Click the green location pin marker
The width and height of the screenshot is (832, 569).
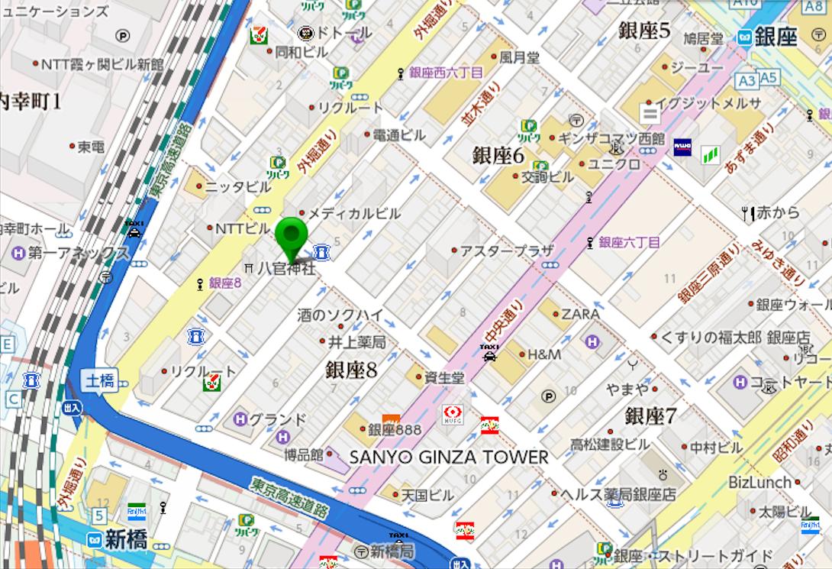tap(290, 236)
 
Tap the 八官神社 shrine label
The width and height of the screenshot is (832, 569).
tap(285, 268)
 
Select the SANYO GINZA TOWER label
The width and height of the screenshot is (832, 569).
tap(449, 457)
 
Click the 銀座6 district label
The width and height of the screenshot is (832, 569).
tap(498, 155)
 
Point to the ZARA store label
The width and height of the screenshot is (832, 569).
tap(580, 314)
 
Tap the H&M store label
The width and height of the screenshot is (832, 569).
tap(544, 354)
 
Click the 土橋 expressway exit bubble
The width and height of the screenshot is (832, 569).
tap(100, 380)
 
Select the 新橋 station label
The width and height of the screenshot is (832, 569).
tap(126, 539)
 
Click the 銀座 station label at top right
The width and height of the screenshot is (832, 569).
tap(775, 36)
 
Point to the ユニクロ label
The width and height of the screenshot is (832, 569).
tap(614, 164)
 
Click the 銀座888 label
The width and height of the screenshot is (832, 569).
tap(394, 430)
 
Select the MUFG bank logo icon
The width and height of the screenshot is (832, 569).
tap(452, 415)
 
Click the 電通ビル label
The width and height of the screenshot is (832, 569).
tap(398, 135)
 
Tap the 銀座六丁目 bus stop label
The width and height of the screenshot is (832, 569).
tap(629, 242)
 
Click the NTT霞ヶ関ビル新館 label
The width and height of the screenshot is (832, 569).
tap(102, 64)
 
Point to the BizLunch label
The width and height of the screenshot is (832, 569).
tap(759, 482)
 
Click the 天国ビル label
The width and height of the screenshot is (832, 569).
tap(427, 495)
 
